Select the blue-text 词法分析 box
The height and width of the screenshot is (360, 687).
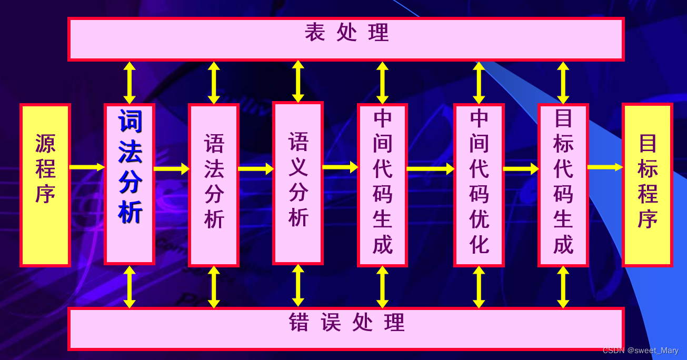(x=130, y=184)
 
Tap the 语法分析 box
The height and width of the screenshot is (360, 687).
(x=214, y=184)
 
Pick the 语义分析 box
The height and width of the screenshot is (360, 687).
(x=298, y=183)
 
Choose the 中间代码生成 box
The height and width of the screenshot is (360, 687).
(x=383, y=184)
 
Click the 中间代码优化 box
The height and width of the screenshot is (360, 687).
(x=479, y=184)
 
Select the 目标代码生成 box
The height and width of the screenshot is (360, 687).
(x=563, y=184)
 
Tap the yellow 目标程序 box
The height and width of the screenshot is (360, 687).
(x=648, y=184)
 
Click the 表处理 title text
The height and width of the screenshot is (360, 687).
(x=346, y=33)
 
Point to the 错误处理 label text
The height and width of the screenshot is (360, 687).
(x=346, y=322)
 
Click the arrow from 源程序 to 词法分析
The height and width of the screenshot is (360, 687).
(x=87, y=167)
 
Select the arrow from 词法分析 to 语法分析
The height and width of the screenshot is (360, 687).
(x=172, y=168)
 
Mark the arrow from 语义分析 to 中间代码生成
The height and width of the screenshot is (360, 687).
(x=340, y=168)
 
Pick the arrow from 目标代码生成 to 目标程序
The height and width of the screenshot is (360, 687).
(x=605, y=167)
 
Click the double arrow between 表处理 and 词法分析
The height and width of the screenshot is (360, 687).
(x=130, y=83)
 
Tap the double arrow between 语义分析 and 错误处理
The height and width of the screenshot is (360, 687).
(x=298, y=285)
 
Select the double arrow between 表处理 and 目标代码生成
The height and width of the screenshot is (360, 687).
(x=563, y=83)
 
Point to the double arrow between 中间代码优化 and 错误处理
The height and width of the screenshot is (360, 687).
(x=479, y=287)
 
